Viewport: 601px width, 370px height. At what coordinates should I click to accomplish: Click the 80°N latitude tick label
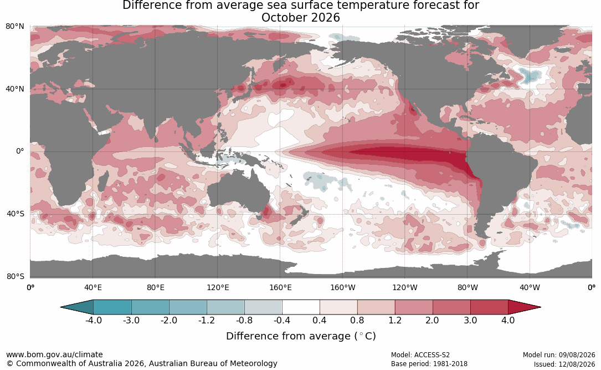(x=14, y=27)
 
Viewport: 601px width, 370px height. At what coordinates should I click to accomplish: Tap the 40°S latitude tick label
(x=15, y=214)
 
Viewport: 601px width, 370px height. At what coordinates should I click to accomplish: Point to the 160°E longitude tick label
(x=281, y=287)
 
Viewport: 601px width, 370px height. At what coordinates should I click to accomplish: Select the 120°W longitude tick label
(x=405, y=287)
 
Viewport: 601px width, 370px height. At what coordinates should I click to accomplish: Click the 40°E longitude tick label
(x=93, y=287)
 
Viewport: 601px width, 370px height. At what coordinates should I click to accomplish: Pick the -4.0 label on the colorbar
(x=93, y=320)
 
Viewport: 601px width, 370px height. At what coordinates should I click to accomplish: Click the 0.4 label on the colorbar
(x=319, y=320)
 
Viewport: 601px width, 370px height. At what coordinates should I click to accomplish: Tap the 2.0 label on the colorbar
(x=432, y=320)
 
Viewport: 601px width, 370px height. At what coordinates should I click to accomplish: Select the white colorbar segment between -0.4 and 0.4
(x=301, y=307)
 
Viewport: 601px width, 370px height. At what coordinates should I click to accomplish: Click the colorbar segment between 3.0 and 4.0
(x=489, y=307)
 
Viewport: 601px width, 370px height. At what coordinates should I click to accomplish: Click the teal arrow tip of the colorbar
(x=61, y=307)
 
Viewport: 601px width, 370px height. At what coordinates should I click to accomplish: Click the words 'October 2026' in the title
(x=300, y=18)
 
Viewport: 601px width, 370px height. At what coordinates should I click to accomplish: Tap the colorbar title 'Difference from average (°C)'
(x=301, y=336)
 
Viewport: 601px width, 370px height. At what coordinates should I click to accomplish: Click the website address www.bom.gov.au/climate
(x=54, y=354)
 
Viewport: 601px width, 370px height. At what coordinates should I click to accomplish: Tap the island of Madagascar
(x=102, y=181)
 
